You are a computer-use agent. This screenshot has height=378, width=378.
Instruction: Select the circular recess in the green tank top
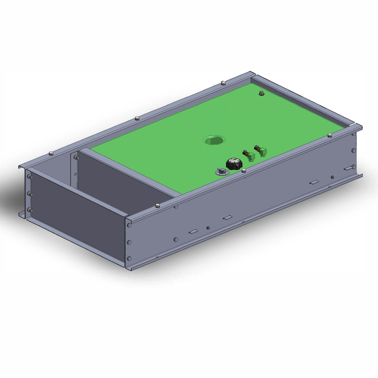pyautogui.click(x=214, y=140)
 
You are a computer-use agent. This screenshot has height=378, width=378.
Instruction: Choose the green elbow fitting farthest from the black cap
pyautogui.click(x=262, y=150)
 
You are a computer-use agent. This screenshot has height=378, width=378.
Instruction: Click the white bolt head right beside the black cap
pyautogui.click(x=244, y=170)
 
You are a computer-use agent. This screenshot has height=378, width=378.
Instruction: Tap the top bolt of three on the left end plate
pyautogui.click(x=30, y=177)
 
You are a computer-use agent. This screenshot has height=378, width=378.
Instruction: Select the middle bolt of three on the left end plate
pyautogui.click(x=30, y=193)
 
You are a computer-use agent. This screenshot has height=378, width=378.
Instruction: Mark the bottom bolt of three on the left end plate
pyautogui.click(x=30, y=210)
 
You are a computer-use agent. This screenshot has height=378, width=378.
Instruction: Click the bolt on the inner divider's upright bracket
pyautogui.click(x=76, y=157)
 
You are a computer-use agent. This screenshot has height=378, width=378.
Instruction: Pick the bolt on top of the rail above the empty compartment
pyautogui.click(x=158, y=205)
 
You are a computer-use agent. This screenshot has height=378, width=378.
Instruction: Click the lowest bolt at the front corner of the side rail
pyautogui.click(x=129, y=258)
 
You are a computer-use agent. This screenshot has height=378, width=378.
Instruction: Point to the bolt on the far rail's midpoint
pyautogui.click(x=137, y=118)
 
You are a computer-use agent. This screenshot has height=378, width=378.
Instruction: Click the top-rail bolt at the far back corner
pyautogui.click(x=223, y=83)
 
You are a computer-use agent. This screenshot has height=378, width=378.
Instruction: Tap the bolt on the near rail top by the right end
pyautogui.click(x=330, y=135)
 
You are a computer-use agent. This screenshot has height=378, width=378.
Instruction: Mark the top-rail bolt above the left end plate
pyautogui.click(x=51, y=153)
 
